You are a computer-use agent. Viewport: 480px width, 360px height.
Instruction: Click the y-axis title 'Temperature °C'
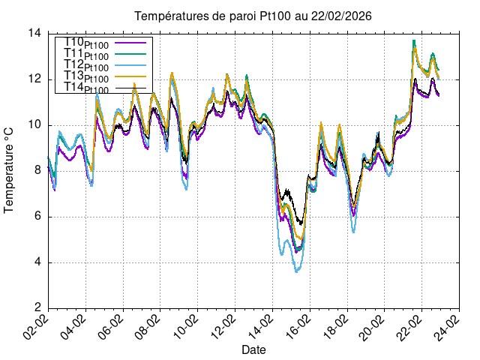click(x=10, y=170)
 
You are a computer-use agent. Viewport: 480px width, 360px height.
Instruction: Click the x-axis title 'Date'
click(x=253, y=350)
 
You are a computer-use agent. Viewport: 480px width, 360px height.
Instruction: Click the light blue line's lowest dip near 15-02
click(x=297, y=271)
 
